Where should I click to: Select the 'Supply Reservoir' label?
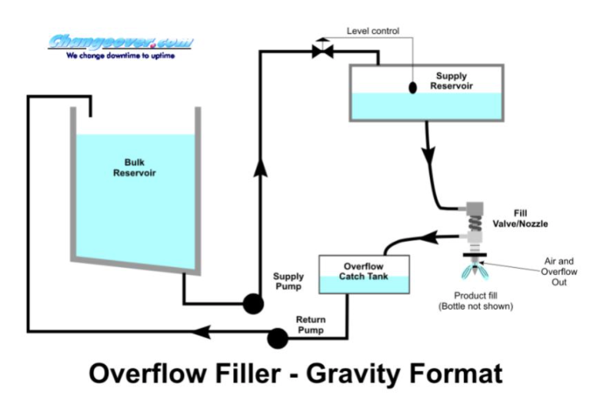[x=450, y=81]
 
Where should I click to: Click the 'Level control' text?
[x=373, y=31]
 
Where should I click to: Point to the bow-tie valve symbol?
[x=322, y=51]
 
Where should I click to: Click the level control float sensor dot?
[x=412, y=88]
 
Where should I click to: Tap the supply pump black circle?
[x=252, y=303]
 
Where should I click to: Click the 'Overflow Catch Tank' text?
[x=364, y=271]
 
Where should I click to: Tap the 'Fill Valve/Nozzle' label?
[x=530, y=218]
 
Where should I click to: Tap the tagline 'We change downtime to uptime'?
[x=121, y=56]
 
